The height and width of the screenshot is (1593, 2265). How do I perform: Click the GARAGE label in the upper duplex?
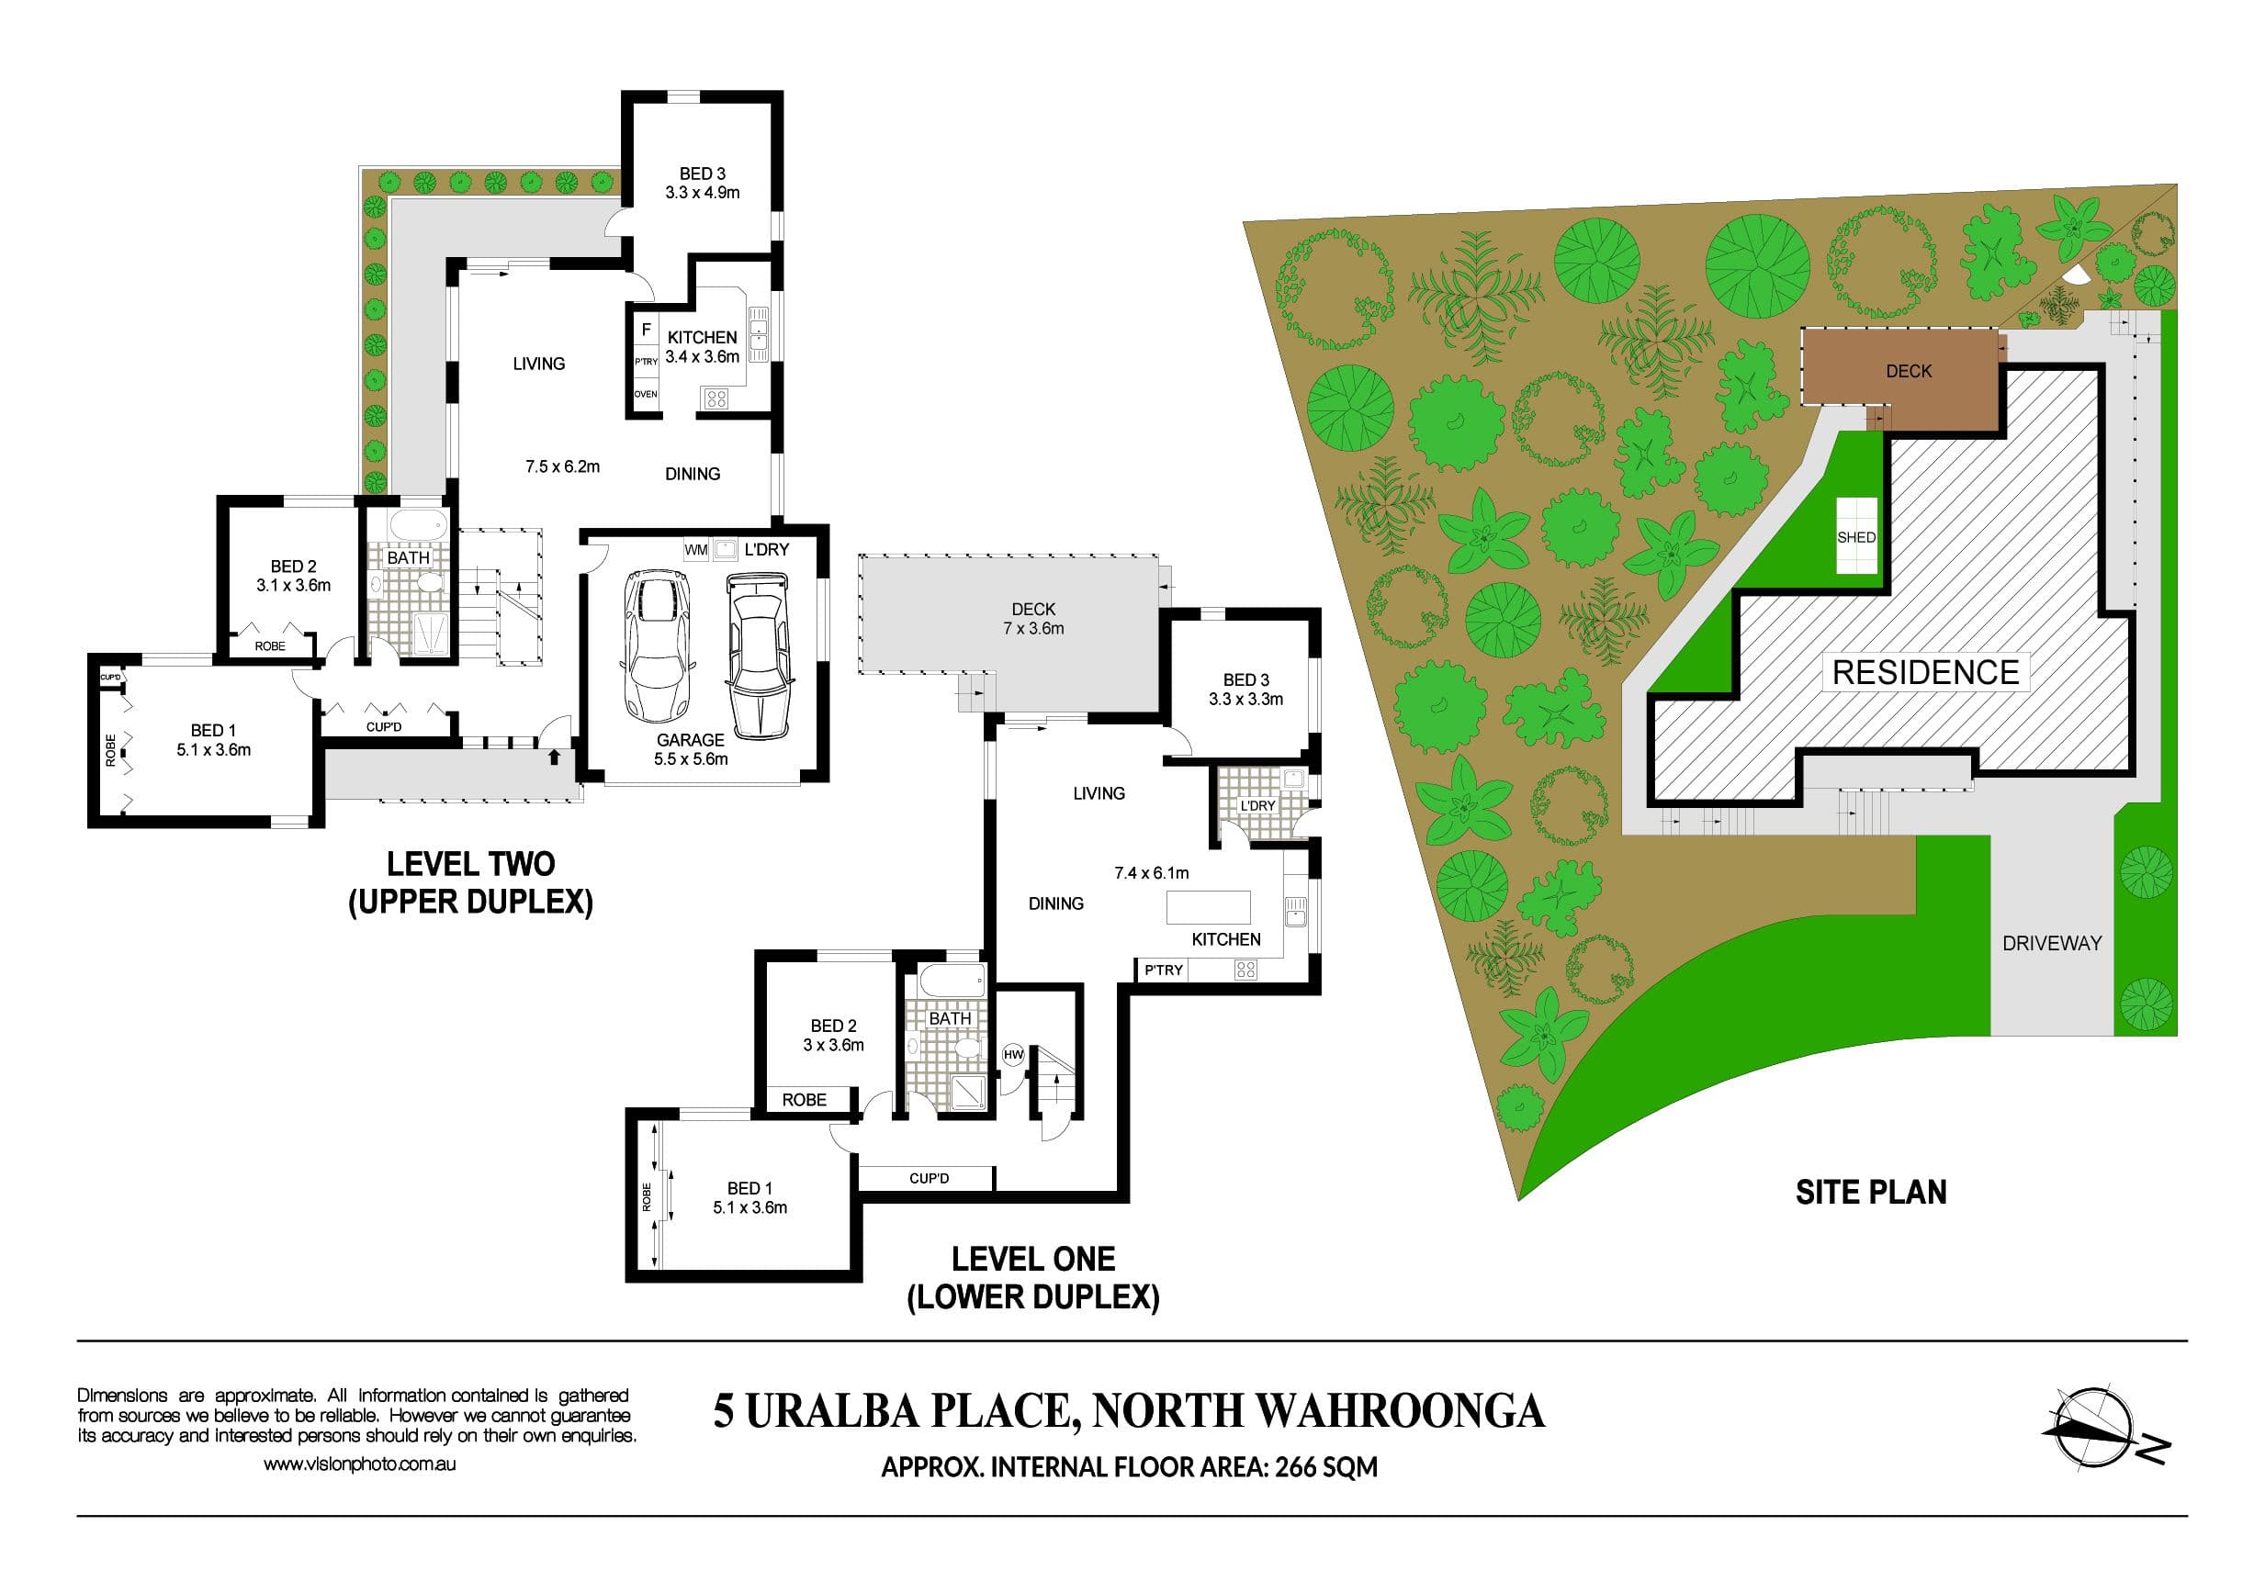(691, 740)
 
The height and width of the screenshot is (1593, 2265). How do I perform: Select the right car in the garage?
(758, 654)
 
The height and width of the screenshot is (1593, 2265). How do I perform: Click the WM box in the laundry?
(696, 549)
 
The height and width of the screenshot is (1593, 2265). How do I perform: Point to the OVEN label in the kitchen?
(646, 395)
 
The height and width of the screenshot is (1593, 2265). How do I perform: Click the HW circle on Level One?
(1013, 1054)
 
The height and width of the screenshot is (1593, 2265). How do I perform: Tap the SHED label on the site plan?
(1855, 537)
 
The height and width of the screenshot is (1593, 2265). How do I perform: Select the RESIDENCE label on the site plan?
(1926, 673)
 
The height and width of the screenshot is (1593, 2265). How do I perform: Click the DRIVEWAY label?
(2052, 943)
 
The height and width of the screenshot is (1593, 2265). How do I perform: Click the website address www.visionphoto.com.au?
(359, 1464)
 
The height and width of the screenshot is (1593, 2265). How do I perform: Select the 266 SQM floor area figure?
(1326, 1468)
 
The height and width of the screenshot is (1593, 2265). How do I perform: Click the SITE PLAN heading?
(1870, 1193)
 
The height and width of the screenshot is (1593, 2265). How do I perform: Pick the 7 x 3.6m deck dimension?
(1033, 628)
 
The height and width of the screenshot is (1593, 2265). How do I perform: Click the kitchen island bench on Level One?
(1209, 906)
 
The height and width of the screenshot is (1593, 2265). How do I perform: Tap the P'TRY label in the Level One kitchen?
(1163, 970)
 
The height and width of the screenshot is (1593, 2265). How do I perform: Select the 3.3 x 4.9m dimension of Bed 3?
(703, 192)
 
